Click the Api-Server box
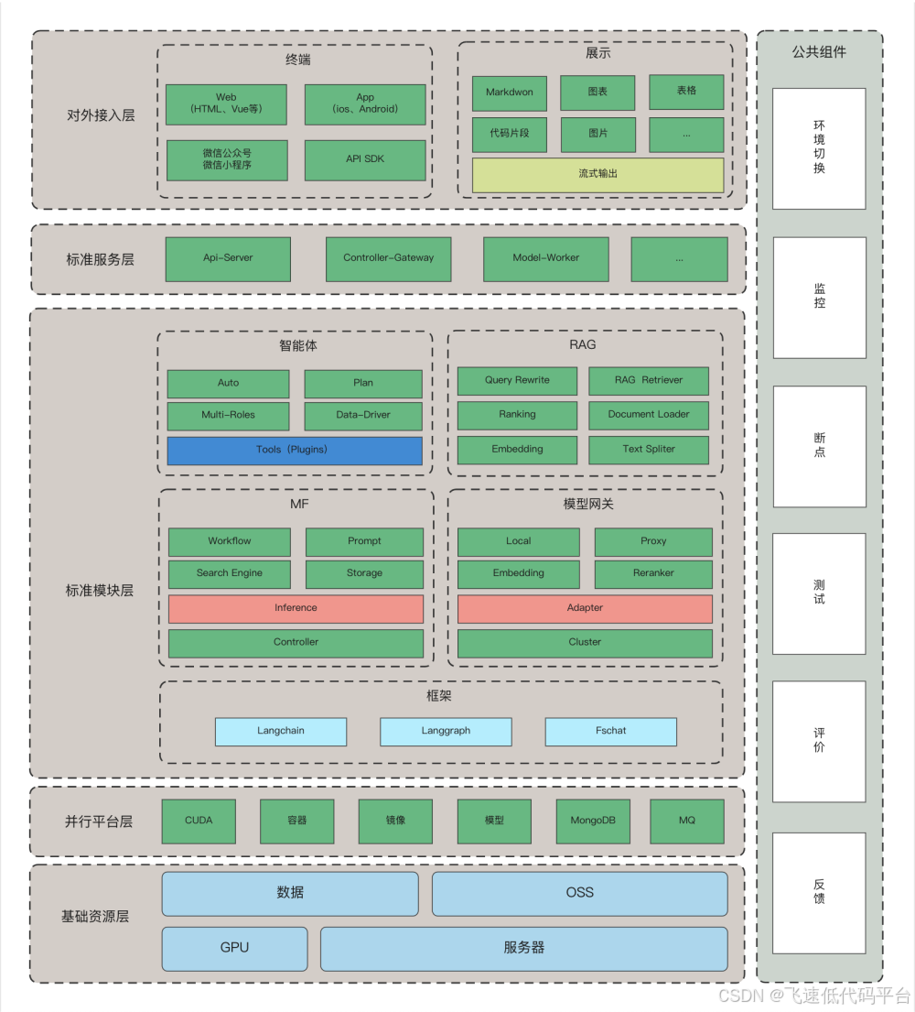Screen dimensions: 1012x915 point(228,258)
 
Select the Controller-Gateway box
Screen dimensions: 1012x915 point(389,258)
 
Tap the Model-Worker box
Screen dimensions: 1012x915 point(545,258)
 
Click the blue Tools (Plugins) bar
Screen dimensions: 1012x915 point(295,450)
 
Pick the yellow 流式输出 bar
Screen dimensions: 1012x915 point(597,174)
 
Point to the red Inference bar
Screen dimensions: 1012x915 point(296,608)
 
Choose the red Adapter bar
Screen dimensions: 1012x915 point(585,608)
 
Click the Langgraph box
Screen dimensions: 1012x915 point(446,731)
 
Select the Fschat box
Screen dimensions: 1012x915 point(610,731)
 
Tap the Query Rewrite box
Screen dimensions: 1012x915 point(517,380)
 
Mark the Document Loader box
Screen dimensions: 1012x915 point(649,415)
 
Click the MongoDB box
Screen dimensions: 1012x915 point(593,821)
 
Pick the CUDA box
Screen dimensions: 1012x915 point(199,821)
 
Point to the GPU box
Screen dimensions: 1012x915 point(234,948)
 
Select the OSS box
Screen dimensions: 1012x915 point(579,893)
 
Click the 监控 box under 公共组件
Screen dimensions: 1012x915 point(819,297)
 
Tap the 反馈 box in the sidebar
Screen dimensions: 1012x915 point(819,892)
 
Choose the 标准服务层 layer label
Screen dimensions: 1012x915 point(100,260)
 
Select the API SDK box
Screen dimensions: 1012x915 point(365,159)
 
